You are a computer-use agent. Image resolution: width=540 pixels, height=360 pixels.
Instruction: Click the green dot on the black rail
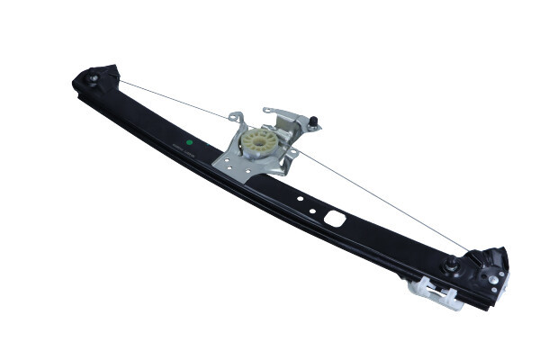[x=190, y=141]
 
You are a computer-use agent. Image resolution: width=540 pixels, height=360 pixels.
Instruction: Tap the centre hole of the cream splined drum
[x=261, y=141]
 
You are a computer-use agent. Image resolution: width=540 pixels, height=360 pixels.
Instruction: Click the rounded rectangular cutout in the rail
[x=334, y=218]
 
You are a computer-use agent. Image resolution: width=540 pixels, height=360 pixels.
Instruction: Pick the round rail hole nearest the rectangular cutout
[x=312, y=211]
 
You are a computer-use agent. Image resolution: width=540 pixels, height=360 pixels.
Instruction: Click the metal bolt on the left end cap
[x=94, y=79]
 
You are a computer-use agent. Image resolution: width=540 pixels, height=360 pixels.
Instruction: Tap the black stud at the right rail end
[x=449, y=265]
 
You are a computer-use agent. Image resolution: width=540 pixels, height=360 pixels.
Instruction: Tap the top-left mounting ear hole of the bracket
[x=235, y=117]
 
